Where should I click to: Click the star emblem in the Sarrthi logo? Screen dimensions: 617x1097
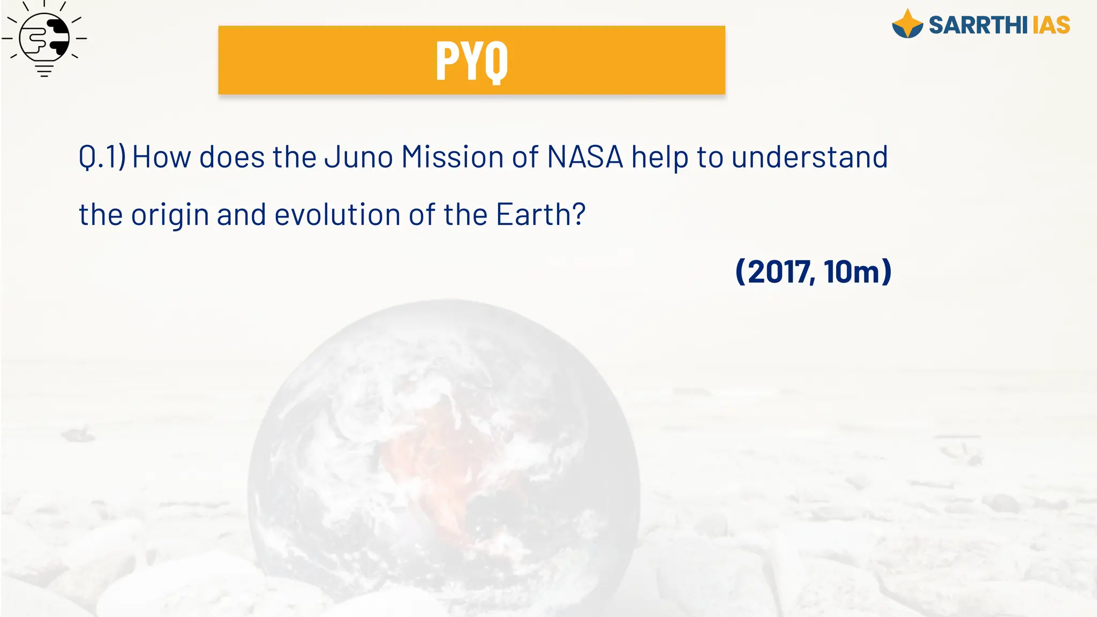907,24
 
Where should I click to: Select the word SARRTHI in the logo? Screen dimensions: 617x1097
978,25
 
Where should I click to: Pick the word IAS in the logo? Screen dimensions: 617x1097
1051,25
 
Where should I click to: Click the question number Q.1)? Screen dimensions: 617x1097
102,157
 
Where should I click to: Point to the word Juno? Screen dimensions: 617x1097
358,157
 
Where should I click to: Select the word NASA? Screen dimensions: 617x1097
585,157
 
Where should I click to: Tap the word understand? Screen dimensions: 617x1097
809,157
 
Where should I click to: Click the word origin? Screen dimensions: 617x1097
170,215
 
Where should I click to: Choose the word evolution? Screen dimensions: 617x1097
337,214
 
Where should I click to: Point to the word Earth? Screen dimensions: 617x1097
540,214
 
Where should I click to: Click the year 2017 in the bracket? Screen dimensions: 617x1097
779,272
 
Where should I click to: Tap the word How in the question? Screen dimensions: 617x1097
161,157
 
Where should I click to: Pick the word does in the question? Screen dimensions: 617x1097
232,157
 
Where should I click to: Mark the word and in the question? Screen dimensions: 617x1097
241,214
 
